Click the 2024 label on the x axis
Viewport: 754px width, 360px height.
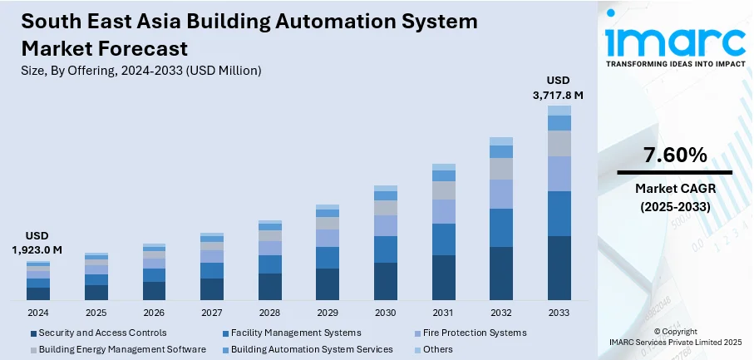pos(38,313)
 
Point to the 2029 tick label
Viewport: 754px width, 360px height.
pos(328,313)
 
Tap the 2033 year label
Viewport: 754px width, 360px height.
pos(559,313)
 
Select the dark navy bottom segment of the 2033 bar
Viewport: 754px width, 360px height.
pos(559,268)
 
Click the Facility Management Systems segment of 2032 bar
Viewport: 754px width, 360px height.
pos(501,228)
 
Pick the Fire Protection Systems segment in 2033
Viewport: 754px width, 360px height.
pos(559,174)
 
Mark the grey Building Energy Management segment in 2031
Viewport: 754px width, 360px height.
pos(444,190)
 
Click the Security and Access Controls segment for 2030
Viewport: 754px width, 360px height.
pos(386,281)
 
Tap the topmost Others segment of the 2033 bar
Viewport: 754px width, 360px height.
pos(559,111)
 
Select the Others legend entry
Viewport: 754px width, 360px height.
pos(437,349)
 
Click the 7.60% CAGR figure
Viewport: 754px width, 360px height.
pos(675,155)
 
